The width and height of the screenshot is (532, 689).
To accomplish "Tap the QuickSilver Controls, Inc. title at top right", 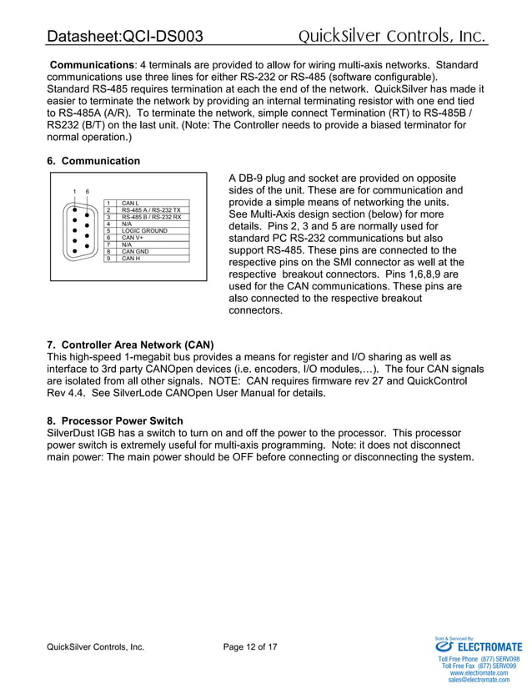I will (x=392, y=36).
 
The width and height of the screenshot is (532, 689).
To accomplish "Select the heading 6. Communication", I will (x=93, y=161).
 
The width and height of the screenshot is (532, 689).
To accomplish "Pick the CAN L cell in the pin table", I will (x=130, y=203).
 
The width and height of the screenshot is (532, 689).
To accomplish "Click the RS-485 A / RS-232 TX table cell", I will (x=151, y=210).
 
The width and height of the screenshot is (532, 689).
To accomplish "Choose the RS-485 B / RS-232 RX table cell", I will (x=151, y=217).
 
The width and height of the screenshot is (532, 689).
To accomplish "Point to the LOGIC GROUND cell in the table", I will (x=144, y=231).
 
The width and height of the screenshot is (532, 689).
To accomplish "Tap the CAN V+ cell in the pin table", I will (x=133, y=238).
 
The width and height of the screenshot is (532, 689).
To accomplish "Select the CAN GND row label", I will (x=136, y=251).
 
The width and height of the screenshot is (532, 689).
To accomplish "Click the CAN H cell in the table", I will (x=130, y=259).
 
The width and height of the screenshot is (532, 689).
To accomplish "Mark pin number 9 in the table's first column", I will (x=108, y=259).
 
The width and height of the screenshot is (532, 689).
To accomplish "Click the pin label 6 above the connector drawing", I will (x=88, y=192).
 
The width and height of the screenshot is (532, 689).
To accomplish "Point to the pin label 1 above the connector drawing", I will (x=74, y=192).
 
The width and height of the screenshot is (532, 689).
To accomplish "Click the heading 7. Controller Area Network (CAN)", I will (x=131, y=344).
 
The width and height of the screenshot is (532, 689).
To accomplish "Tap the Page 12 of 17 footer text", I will (x=250, y=646).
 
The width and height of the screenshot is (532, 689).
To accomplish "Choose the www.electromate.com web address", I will (x=478, y=672).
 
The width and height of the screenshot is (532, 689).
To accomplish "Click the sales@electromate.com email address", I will (x=478, y=680).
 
